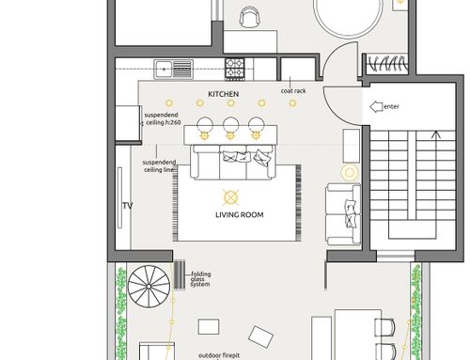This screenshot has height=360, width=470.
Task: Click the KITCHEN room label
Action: pos(224,94)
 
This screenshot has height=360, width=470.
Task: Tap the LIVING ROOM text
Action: pos(240,215)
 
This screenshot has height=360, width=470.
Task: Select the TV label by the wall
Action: pos(128,206)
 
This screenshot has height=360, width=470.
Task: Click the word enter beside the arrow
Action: pos(391,106)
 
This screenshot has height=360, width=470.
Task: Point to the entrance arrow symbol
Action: pos(376,107)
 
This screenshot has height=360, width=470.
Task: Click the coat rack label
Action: pos(293,91)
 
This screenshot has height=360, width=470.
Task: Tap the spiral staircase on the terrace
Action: pos(149,287)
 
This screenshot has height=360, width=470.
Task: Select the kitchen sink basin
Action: pos(164,69)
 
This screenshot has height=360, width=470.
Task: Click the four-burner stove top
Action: pos(235,68)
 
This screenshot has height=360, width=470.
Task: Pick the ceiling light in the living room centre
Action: pos(231,197)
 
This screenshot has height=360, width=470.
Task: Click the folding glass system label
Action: pos(200,279)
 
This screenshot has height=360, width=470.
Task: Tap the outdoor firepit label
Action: pos(219,355)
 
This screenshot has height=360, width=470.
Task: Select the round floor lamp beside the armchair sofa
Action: pos(350,172)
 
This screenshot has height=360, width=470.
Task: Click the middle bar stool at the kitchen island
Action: pos(231,125)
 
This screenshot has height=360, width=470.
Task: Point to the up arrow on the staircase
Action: pos(436,135)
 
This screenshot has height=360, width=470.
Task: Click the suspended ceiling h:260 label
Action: pos(162,118)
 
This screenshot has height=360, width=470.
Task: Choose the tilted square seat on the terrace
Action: pos(260,337)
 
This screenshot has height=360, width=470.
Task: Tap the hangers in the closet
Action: pos(388,63)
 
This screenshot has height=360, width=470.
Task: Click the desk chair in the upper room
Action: pos(249,16)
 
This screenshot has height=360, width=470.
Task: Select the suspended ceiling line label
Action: pos(159,166)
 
